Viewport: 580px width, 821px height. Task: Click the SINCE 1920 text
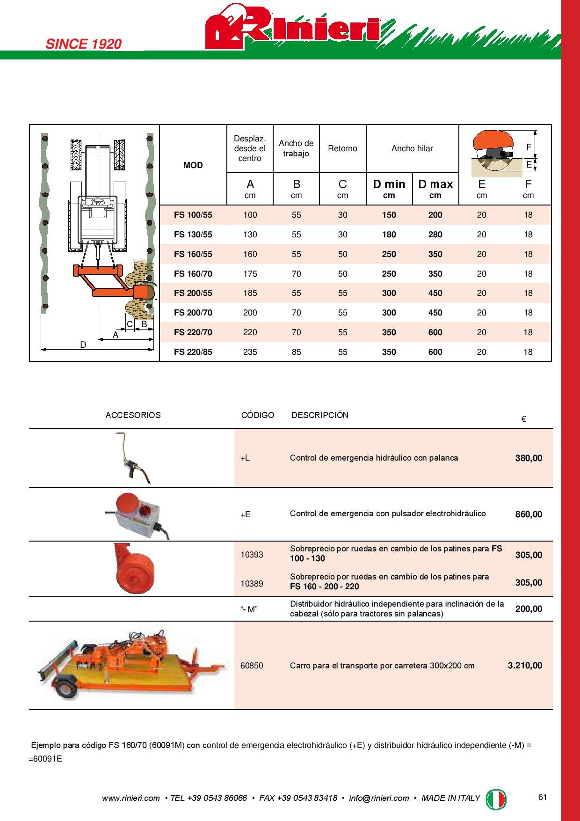pyautogui.click(x=83, y=44)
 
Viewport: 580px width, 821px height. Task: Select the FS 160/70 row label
pyautogui.click(x=193, y=274)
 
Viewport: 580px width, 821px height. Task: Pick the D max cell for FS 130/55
pyautogui.click(x=435, y=235)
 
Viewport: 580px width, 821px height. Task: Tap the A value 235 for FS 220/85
pyautogui.click(x=250, y=352)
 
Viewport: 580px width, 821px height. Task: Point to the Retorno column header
pyautogui.click(x=342, y=148)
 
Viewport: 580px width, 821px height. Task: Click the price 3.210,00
pyautogui.click(x=525, y=666)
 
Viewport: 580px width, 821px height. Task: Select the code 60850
pyautogui.click(x=252, y=666)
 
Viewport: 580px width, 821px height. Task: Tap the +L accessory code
pyautogui.click(x=245, y=458)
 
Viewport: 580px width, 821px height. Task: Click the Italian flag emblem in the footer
pyautogui.click(x=496, y=798)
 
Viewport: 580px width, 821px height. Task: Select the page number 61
pyautogui.click(x=543, y=798)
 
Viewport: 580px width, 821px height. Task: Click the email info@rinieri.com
pyautogui.click(x=379, y=798)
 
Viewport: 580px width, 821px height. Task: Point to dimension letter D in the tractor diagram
pyautogui.click(x=83, y=345)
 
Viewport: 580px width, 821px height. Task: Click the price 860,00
pyautogui.click(x=529, y=514)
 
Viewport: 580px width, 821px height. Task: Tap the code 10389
pyautogui.click(x=252, y=584)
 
